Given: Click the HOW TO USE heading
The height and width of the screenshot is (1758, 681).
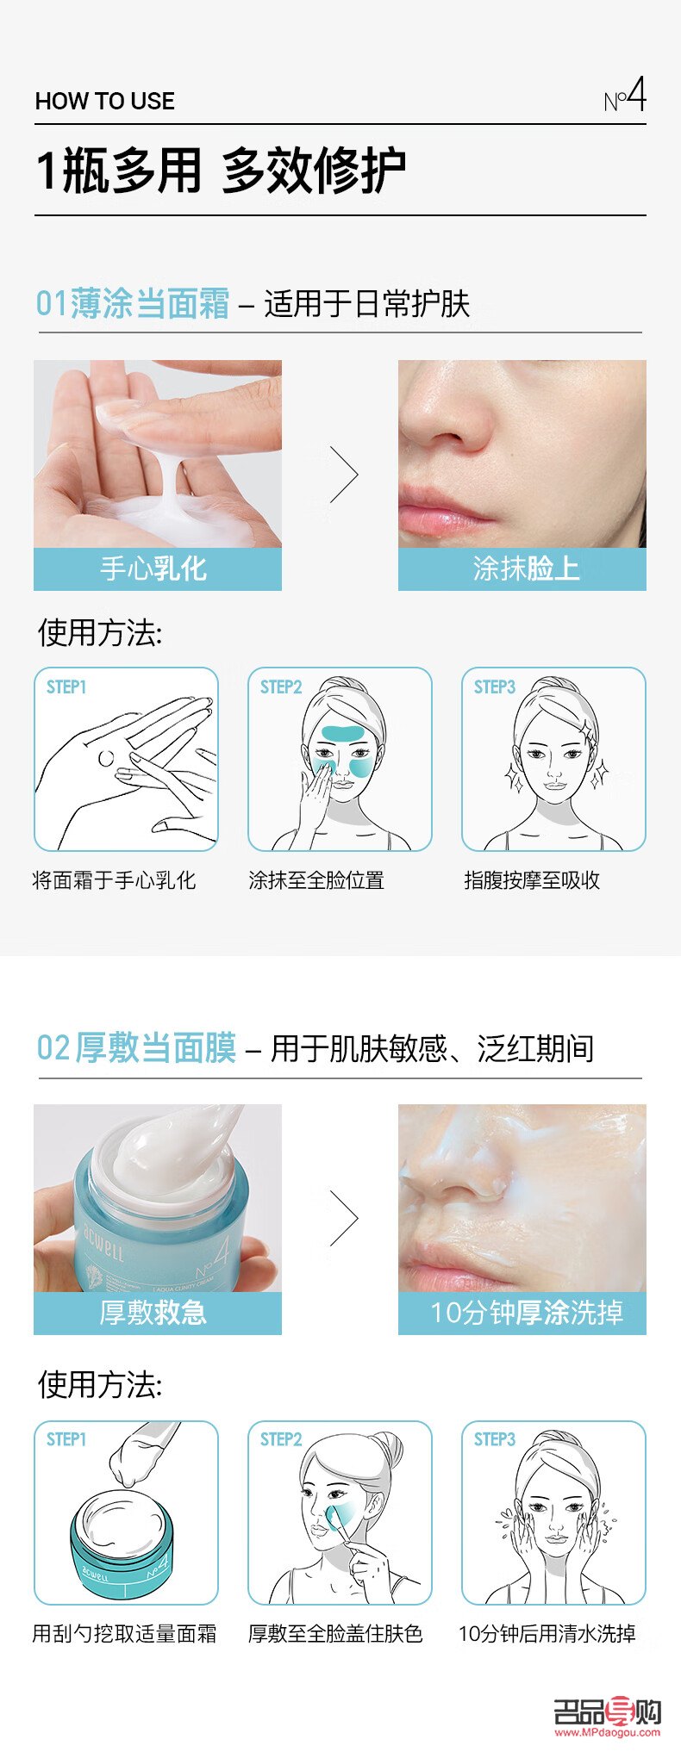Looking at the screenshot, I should [104, 102].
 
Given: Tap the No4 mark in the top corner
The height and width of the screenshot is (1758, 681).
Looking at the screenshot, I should [625, 96].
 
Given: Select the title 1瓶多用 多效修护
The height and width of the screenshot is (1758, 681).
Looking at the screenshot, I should [221, 171].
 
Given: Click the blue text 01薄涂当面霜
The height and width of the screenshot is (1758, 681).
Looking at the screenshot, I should [133, 304].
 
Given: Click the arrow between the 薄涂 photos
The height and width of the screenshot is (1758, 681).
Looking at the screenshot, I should [343, 474].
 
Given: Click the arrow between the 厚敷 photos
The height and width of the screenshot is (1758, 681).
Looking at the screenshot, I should [343, 1218].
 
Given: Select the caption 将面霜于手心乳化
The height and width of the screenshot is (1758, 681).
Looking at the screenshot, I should [114, 880].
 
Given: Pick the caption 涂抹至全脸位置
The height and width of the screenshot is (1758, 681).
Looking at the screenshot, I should [316, 880].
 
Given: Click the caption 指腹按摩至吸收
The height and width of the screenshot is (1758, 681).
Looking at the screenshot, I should [532, 880].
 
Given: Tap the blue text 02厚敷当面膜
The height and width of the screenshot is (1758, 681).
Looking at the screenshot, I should [136, 1048].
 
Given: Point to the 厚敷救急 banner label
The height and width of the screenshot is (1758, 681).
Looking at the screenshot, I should [153, 1314].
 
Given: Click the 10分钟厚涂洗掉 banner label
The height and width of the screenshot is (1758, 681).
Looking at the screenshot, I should [526, 1314].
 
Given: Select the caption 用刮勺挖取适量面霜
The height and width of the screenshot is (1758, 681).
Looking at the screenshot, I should [124, 1633].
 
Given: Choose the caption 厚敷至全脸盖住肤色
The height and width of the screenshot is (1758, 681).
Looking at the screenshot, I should [335, 1633].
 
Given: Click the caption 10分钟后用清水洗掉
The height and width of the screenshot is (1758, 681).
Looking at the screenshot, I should [547, 1633].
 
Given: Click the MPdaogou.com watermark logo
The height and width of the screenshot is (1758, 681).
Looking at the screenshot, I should [607, 1716].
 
